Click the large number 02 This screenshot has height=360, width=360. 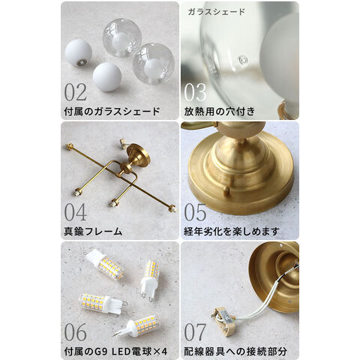coord(76,91)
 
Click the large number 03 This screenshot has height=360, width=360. coord(195,91)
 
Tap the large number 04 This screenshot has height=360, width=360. coord(76,211)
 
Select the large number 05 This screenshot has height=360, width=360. coord(195,211)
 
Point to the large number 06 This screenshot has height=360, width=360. coord(76,331)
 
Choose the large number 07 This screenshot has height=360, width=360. coord(195,331)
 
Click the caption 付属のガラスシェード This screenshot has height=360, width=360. coord(112,112)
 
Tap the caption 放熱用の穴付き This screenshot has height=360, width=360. coord(220,112)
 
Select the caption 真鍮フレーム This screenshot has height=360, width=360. coord(93,232)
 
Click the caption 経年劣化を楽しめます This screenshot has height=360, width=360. coord(232,232)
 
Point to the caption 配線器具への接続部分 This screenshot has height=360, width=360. coord(235,352)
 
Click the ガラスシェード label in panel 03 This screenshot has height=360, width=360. coord(216,11)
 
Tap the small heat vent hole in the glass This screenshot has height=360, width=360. coord(242,60)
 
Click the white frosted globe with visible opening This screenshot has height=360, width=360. coord(78,52)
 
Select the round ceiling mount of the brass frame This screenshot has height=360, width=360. coord(138,155)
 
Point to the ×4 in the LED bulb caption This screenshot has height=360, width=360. coord(160,352)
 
